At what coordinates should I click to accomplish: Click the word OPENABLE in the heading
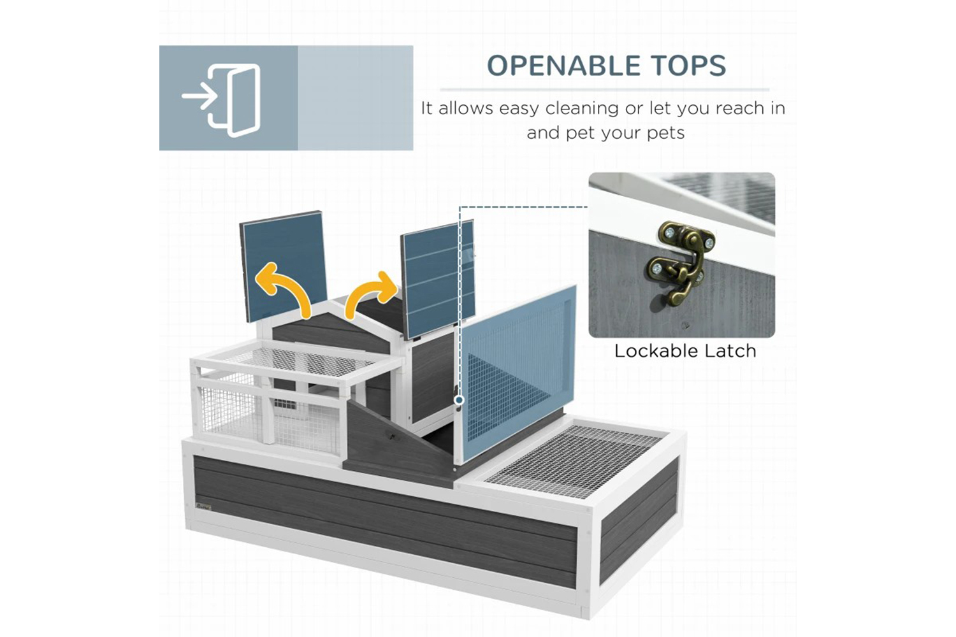tap(563, 66)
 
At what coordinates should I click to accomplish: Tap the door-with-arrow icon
tap(221, 100)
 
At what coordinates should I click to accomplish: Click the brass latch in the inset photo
tap(679, 261)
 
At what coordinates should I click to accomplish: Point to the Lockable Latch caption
tap(685, 351)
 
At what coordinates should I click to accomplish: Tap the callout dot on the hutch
tap(460, 400)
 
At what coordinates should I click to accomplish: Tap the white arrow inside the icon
tap(199, 96)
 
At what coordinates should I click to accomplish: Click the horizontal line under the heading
tap(605, 90)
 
